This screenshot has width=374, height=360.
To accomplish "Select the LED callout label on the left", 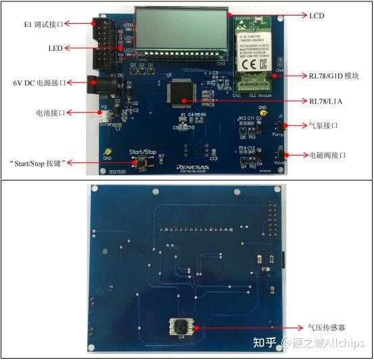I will pos(56,49).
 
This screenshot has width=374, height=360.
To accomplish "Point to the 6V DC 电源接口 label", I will pos(39,83).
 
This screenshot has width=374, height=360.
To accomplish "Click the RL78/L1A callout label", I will pos(327,102).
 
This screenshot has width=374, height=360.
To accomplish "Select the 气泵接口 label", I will pos(323,126).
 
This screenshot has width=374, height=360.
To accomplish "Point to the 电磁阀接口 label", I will pos(327,156).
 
